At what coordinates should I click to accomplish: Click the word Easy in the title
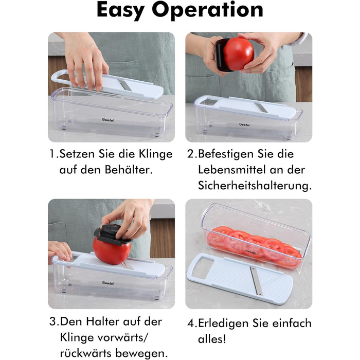(x=120, y=10)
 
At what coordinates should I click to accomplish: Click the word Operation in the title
(x=208, y=10)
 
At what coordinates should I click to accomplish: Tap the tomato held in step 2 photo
(x=238, y=53)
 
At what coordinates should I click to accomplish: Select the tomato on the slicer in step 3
(x=112, y=250)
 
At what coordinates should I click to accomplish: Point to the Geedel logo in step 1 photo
(x=108, y=120)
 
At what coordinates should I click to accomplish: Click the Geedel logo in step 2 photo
(x=244, y=124)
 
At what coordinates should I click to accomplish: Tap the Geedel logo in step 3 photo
(x=108, y=283)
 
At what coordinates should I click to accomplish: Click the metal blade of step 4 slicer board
(x=257, y=281)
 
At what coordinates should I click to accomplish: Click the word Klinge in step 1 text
(x=155, y=154)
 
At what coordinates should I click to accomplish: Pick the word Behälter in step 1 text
(x=129, y=170)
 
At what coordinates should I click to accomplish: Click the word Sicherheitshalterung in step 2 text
(x=255, y=186)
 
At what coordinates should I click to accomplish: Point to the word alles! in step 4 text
(x=212, y=339)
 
